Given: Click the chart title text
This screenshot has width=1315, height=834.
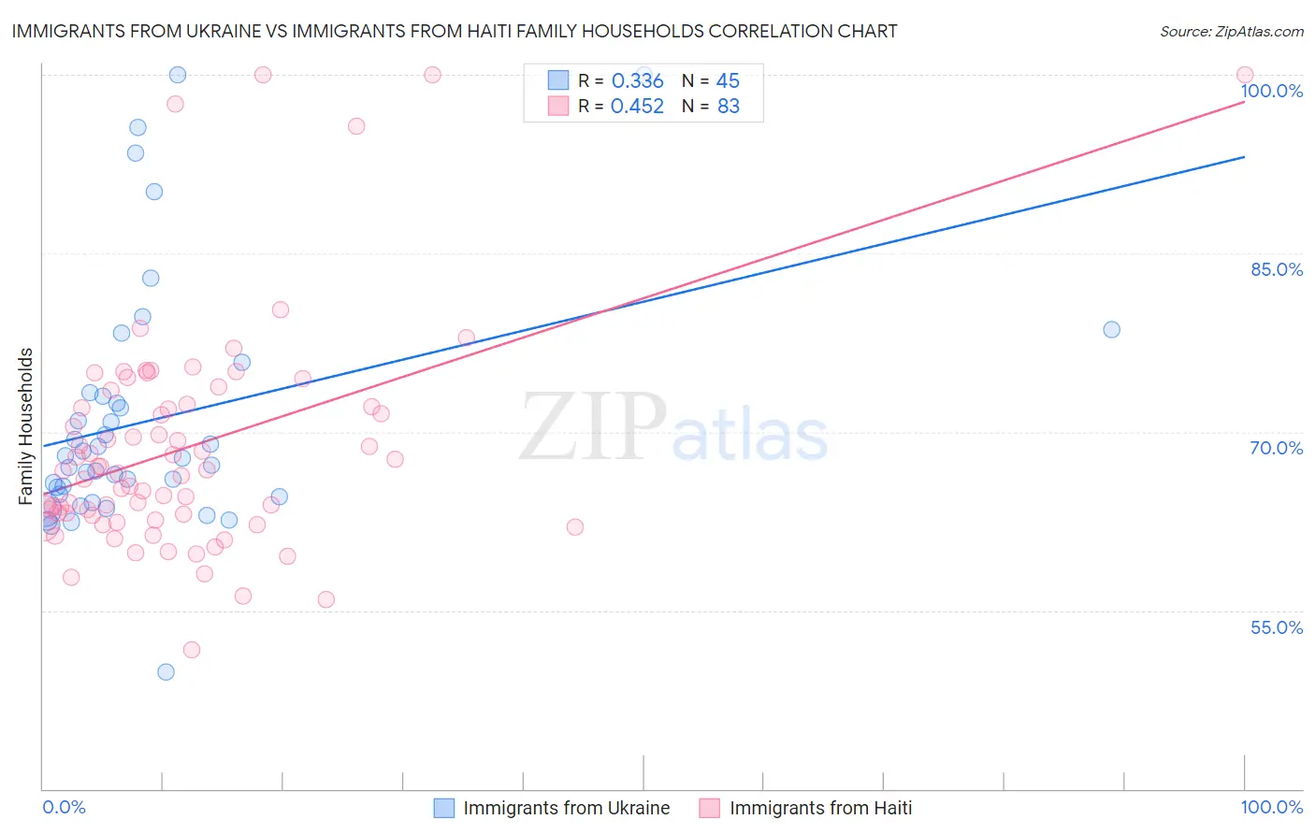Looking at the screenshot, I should point(455,32).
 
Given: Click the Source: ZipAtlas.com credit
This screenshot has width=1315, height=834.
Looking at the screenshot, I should point(1231,32).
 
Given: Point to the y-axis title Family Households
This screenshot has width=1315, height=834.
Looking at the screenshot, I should point(26,426).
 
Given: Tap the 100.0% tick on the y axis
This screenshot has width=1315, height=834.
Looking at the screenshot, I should point(1272,92).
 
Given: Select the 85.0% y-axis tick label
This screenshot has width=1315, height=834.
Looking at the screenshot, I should point(1277,269).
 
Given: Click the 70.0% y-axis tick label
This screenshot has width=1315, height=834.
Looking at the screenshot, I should point(1277,448).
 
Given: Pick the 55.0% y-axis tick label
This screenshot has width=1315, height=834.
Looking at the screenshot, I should point(1277,627).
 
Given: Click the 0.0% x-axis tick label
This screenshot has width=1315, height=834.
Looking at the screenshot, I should point(64,807).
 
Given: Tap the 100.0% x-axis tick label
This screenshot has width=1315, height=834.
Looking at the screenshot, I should point(1272,807).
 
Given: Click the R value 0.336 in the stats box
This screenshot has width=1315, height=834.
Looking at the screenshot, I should point(637,81).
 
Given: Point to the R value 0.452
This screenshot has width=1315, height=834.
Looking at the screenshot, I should point(637,107).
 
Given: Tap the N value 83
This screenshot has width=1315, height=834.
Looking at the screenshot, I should point(728,107).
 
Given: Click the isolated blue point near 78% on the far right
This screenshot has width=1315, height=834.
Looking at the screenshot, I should point(1111,329).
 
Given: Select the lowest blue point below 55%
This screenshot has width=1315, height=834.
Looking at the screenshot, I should point(166,671).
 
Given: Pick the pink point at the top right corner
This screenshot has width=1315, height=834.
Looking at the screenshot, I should point(1244,75).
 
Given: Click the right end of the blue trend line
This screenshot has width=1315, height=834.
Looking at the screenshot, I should point(1244,157).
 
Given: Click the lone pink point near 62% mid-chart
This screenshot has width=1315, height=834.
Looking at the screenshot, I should point(575,527).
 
